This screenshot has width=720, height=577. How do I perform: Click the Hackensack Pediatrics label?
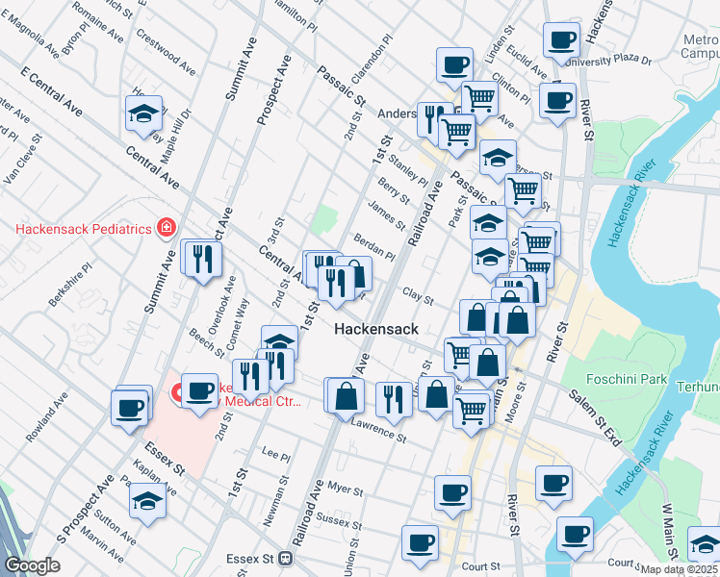83,229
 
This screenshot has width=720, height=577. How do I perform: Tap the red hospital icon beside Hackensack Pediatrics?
166,228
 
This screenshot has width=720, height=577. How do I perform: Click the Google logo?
32,565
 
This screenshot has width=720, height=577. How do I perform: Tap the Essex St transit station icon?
285,558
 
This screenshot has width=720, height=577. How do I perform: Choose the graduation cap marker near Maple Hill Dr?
143,113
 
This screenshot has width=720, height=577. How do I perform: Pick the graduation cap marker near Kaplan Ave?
147,501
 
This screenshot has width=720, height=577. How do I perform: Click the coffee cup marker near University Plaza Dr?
560,40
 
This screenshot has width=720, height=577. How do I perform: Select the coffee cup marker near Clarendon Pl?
454,66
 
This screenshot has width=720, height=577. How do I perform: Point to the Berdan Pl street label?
377,250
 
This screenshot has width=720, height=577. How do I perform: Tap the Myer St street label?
344,489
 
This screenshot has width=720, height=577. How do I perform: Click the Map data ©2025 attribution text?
680,569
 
